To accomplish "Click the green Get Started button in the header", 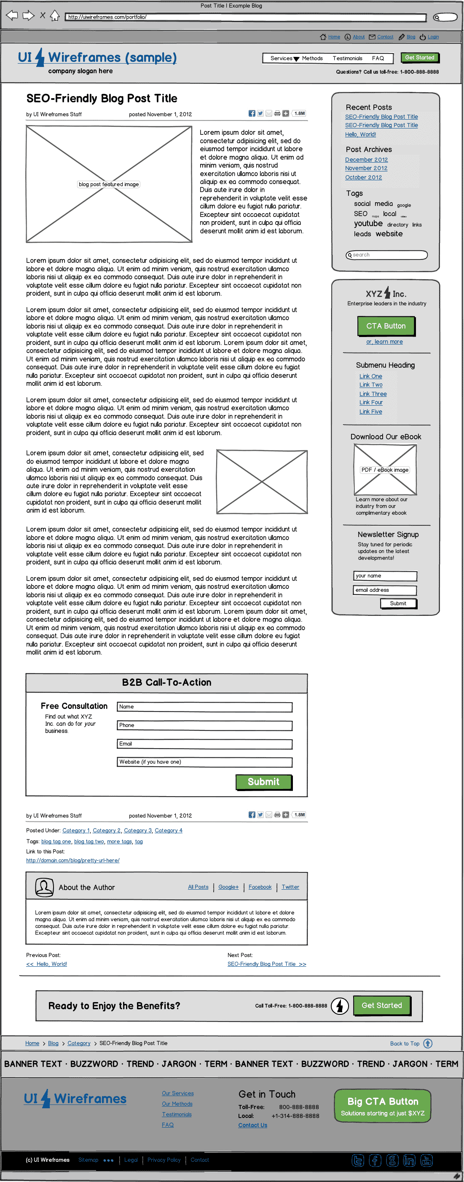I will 419,58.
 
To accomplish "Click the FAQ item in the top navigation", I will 378,58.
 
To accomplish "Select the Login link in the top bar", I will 433,37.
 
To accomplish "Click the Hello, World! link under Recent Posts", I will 360,134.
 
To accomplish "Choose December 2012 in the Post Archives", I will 366,160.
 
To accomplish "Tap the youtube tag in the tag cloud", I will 368,223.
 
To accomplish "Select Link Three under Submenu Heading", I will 373,394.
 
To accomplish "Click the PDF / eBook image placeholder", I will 385,470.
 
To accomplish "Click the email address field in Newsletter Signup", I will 385,590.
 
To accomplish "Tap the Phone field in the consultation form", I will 204,725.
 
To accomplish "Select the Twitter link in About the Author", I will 290,887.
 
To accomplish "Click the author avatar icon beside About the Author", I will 45,888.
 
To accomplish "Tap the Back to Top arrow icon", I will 428,1043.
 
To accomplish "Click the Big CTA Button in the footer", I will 382,1106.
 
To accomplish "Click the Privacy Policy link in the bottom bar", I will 164,1160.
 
